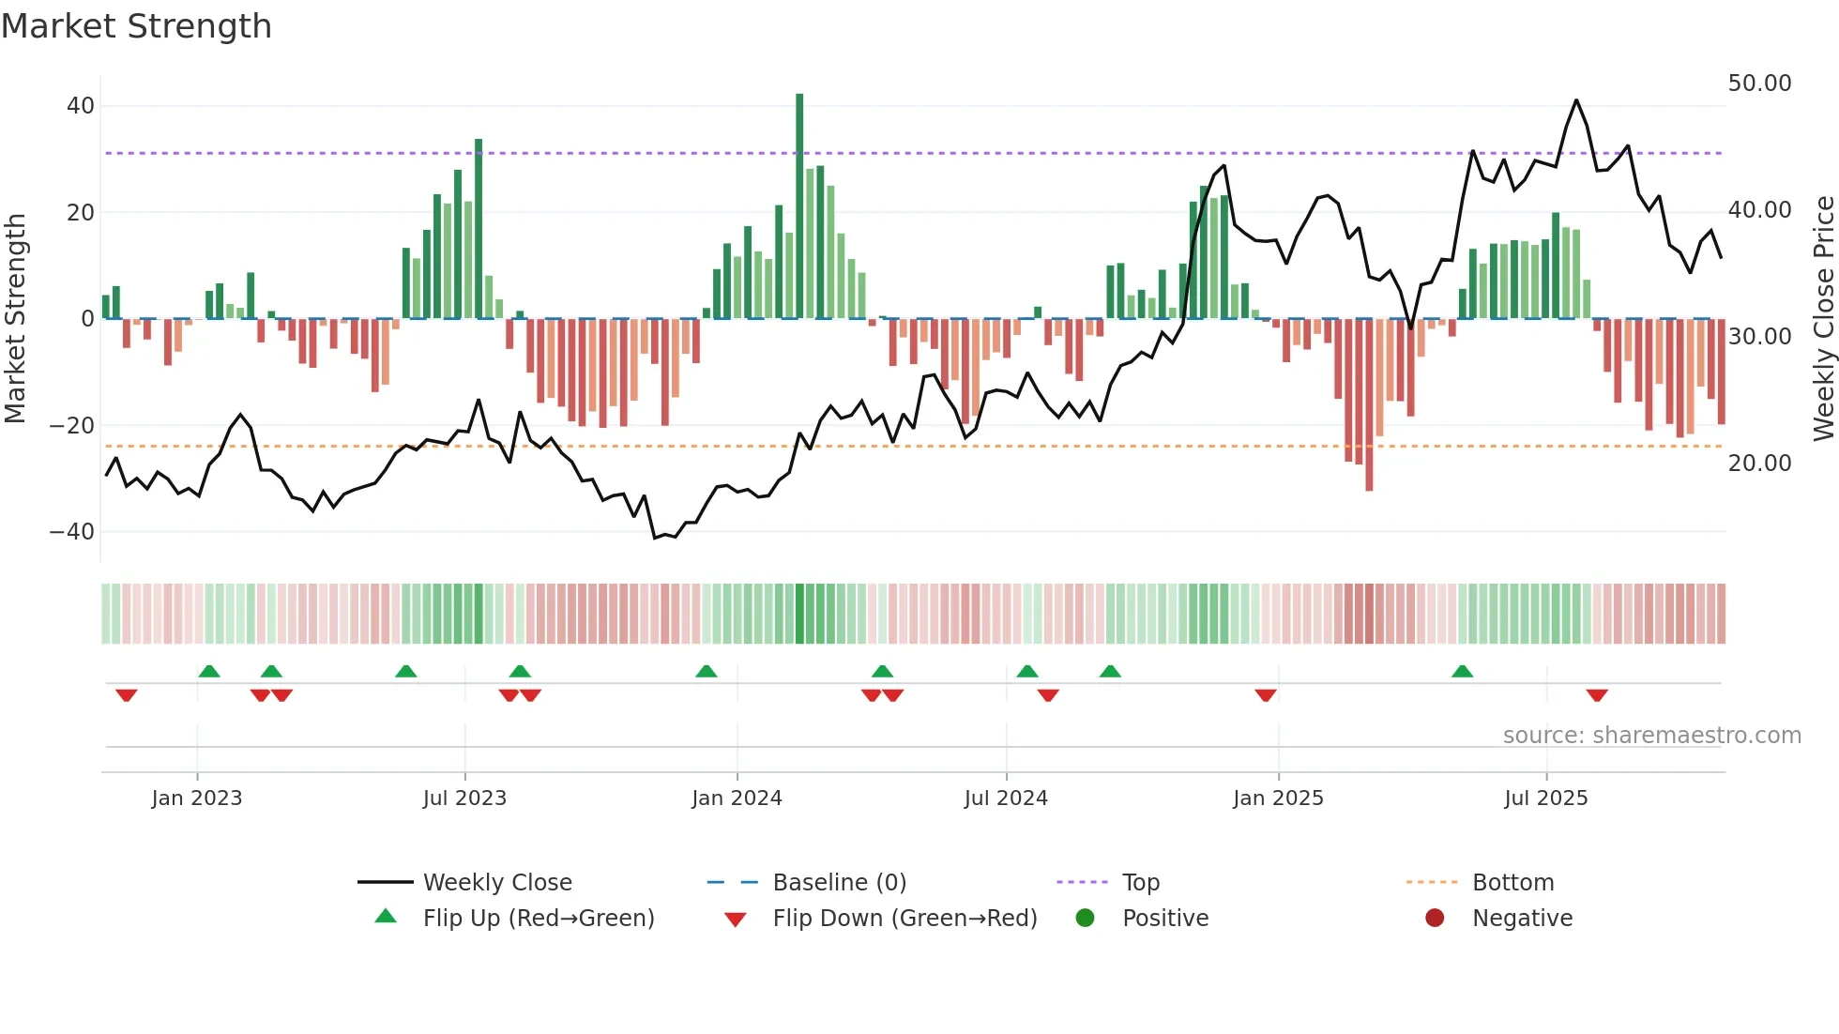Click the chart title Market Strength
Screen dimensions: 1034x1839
click(x=136, y=26)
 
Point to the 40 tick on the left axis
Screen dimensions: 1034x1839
click(x=81, y=106)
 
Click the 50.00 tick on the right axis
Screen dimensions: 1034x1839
click(x=1759, y=84)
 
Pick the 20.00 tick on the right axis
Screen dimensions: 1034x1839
click(x=1759, y=464)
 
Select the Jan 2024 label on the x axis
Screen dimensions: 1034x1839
click(x=737, y=798)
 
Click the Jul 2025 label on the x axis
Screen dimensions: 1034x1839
click(x=1545, y=798)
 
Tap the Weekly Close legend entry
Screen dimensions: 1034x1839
click(x=496, y=883)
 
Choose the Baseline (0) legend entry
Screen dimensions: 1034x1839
click(x=839, y=883)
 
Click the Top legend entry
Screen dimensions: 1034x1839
click(x=1140, y=883)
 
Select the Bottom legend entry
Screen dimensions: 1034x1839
click(x=1512, y=883)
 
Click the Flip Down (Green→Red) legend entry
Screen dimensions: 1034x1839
click(x=904, y=919)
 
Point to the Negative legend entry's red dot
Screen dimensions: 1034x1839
click(x=1435, y=919)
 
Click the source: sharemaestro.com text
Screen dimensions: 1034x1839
click(x=1651, y=736)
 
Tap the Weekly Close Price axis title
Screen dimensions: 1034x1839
click(x=1823, y=319)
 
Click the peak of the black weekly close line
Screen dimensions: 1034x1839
click(x=1576, y=100)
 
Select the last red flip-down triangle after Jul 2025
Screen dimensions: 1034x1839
click(x=1597, y=695)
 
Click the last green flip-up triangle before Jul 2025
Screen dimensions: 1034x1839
click(x=1462, y=672)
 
